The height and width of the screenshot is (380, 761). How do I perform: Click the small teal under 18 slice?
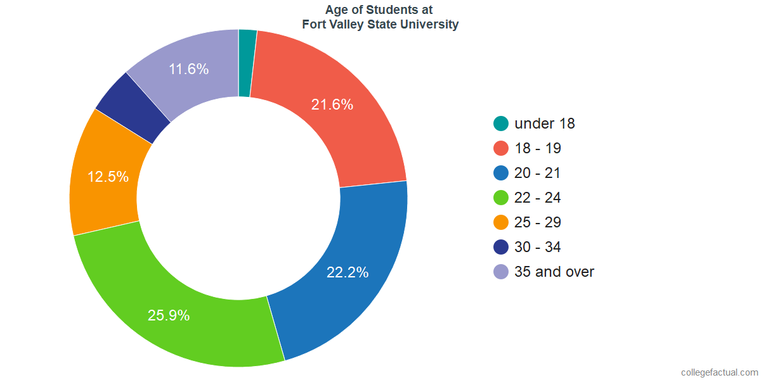[x=246, y=63]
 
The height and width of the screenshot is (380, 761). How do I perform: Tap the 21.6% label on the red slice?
[x=332, y=104]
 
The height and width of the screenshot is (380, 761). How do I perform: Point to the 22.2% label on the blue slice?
[x=348, y=272]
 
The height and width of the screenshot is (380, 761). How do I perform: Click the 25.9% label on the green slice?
[x=169, y=315]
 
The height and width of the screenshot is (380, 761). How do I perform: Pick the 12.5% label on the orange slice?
[x=108, y=177]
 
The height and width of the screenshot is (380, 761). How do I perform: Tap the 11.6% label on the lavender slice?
[x=188, y=69]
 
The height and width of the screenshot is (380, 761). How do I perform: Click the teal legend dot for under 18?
[x=501, y=123]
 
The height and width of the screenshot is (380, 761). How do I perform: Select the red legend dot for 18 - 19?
[x=501, y=148]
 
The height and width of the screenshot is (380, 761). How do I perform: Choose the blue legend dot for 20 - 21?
[x=501, y=173]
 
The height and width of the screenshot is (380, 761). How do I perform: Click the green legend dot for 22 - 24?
[x=501, y=198]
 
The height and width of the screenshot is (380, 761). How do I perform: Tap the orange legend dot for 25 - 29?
[x=501, y=222]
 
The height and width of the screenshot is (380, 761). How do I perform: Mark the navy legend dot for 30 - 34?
[x=501, y=247]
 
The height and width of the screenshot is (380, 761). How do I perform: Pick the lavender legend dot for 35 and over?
[x=501, y=272]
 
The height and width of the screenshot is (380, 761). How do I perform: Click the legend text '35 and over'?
[x=554, y=272]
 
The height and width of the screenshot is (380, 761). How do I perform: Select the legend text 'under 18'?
[x=545, y=123]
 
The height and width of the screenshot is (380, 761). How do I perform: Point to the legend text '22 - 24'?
[x=538, y=198]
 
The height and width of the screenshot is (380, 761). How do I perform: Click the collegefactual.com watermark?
[x=719, y=372]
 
